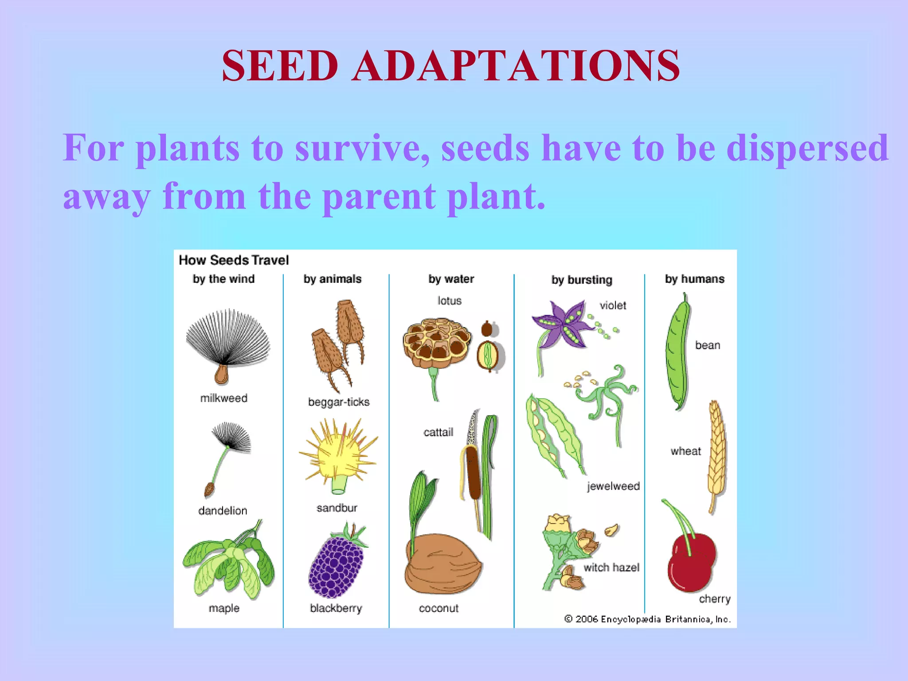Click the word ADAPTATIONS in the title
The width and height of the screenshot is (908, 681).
[x=516, y=66]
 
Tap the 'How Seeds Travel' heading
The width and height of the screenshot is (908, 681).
[x=234, y=260]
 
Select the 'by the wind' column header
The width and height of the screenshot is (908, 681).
[x=223, y=279]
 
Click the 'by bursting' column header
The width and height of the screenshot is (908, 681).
[x=582, y=280]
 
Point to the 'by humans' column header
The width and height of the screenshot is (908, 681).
[x=694, y=279]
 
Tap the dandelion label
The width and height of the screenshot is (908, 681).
[x=223, y=511]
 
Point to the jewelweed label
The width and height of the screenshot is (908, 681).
[x=613, y=486]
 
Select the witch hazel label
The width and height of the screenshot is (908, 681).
[x=611, y=567]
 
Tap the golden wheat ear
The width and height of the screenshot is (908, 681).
[x=716, y=452]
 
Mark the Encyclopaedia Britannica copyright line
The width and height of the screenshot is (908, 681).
[x=647, y=619]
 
